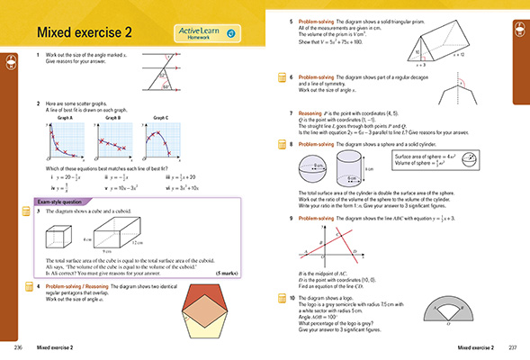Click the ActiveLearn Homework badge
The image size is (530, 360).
tap(208, 33)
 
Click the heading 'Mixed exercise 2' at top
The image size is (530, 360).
tap(84, 33)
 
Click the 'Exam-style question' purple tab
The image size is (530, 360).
tap(67, 202)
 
